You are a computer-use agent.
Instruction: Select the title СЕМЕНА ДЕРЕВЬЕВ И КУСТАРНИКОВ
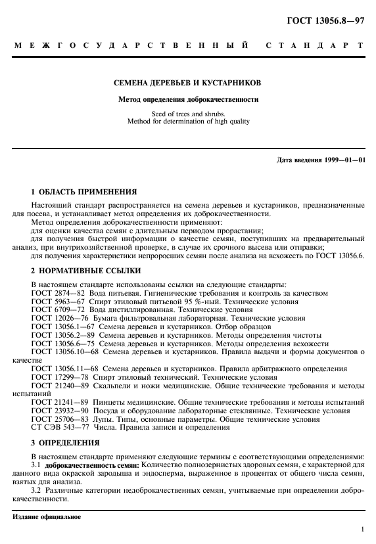pyautogui.click(x=187, y=84)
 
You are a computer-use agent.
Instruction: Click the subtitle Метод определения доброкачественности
pyautogui.click(x=187, y=100)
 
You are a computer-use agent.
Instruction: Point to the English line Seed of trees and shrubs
pyautogui.click(x=187, y=114)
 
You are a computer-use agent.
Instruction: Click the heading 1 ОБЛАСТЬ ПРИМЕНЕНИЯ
pyautogui.click(x=84, y=193)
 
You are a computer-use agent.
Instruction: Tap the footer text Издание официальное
pyautogui.click(x=47, y=516)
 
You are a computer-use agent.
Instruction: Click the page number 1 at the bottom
pyautogui.click(x=362, y=528)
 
